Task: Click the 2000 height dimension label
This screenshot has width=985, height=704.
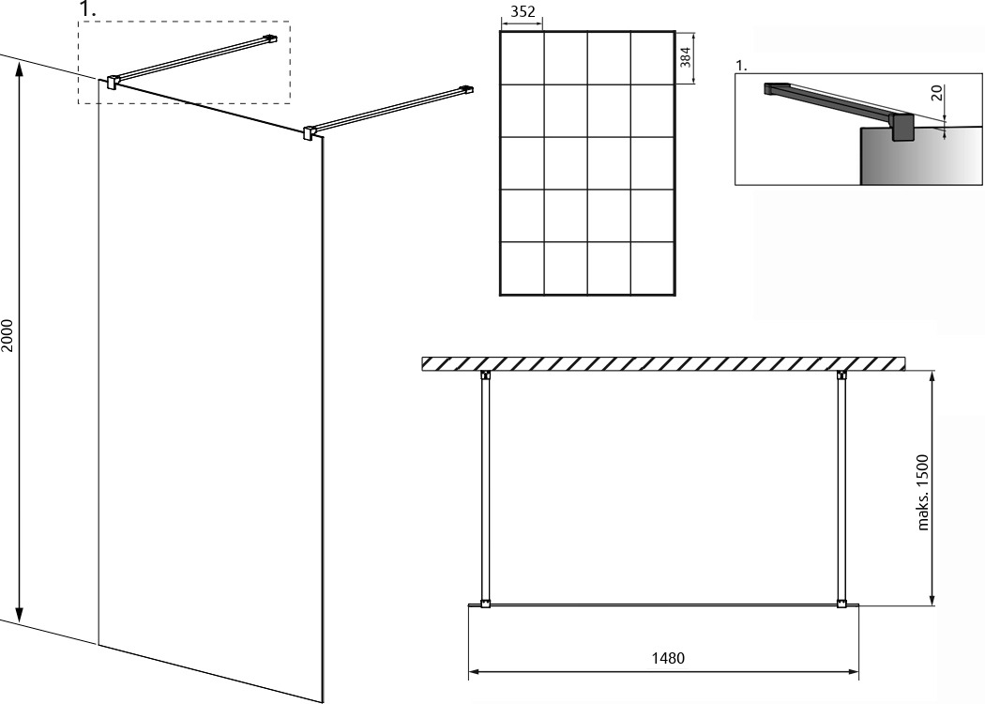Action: [8, 336]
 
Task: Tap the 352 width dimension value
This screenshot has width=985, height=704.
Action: [523, 11]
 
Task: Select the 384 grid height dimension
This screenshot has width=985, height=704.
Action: [686, 57]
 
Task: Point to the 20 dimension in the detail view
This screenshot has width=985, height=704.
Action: [936, 93]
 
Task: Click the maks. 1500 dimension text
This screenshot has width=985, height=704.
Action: [922, 493]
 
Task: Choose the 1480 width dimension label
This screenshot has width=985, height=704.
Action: [668, 658]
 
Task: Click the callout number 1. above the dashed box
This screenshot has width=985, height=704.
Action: [88, 9]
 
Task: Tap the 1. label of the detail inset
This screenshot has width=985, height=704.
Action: [742, 66]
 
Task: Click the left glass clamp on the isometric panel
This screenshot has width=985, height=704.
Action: [112, 82]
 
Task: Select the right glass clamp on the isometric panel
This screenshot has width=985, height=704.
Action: [309, 132]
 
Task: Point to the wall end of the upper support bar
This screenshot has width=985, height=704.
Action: [271, 38]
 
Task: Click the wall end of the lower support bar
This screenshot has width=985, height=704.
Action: [467, 89]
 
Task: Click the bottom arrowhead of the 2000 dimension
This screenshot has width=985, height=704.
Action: [20, 615]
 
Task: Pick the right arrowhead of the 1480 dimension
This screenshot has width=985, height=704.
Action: [853, 671]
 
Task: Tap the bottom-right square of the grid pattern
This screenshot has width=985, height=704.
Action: [652, 268]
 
